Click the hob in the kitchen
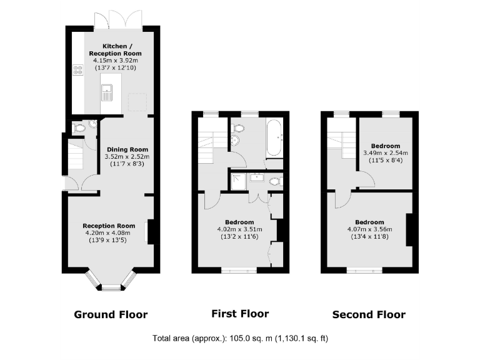click(x=79, y=71)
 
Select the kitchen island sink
click(x=107, y=94)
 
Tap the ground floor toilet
click(x=79, y=127)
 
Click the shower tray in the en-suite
click(x=238, y=182)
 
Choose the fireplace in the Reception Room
click(x=148, y=232)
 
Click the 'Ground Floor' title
click(x=111, y=314)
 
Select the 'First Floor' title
click(x=240, y=314)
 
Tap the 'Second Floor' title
click(x=368, y=314)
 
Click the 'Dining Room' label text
click(x=127, y=149)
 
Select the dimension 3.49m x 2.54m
click(x=385, y=152)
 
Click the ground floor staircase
click(x=75, y=156)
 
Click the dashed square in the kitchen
click(x=137, y=100)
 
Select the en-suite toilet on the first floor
click(x=276, y=182)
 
